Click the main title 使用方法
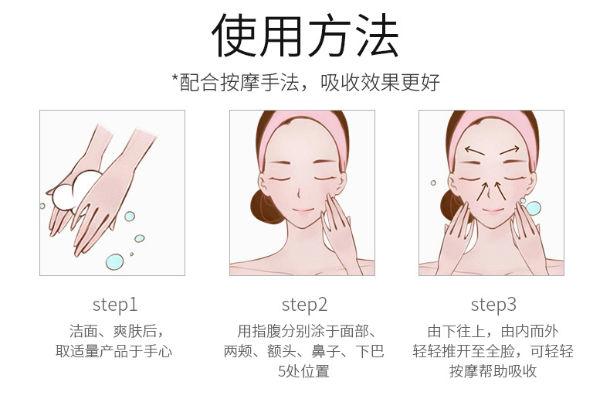point(306,36)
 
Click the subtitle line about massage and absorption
point(306,82)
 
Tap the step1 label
point(115,305)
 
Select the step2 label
point(304,305)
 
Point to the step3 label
point(493,305)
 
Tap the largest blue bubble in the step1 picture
point(114,261)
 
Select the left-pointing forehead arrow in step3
point(475,151)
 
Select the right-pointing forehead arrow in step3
point(510,150)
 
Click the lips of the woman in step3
point(493,211)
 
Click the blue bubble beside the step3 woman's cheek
point(533,208)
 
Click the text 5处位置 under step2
point(303,371)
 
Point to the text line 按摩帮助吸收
point(493,371)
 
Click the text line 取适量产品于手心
point(114,351)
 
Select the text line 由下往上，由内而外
point(493,331)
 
